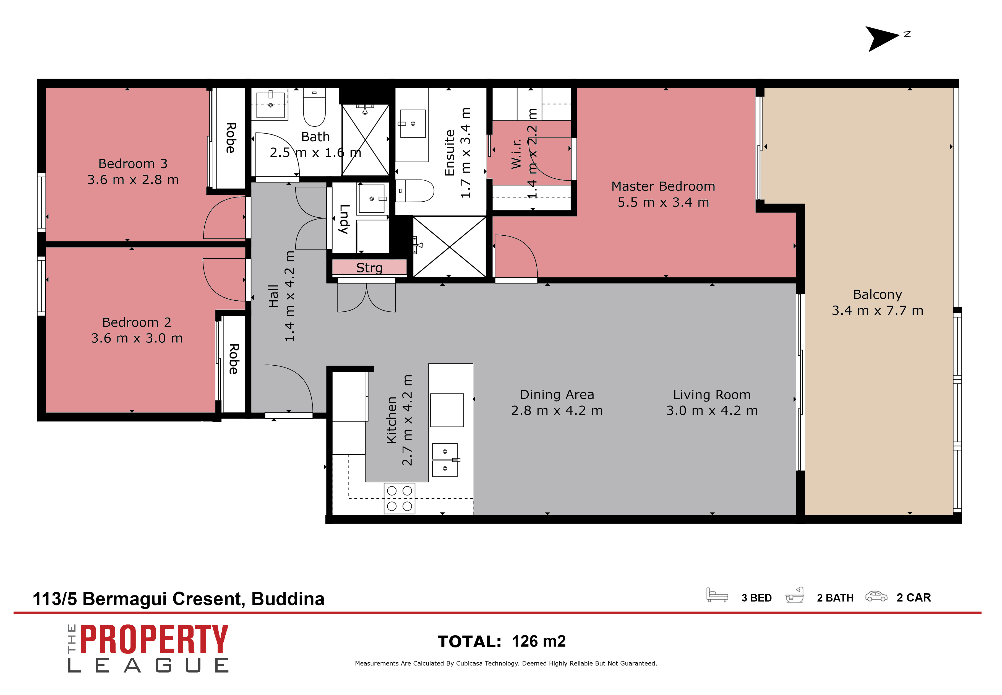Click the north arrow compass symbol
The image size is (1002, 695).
[882, 38]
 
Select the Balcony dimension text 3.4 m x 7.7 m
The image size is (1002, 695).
[877, 311]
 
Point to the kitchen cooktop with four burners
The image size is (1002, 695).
[399, 498]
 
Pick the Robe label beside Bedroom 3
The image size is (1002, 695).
[231, 138]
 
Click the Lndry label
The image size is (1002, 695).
[344, 219]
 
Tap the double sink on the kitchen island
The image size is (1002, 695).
[444, 460]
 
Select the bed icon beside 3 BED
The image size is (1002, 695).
[716, 595]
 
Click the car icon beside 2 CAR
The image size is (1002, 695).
[875, 596]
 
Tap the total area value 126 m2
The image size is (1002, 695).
[538, 641]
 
